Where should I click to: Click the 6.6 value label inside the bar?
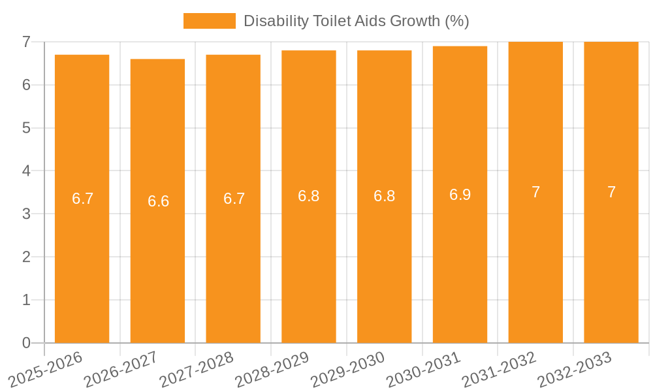click(x=158, y=201)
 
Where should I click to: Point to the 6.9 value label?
click(x=460, y=195)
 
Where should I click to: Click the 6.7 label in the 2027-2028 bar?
click(x=234, y=199)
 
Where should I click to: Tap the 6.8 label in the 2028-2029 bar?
click(x=308, y=196)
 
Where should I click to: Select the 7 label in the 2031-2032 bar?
click(x=535, y=192)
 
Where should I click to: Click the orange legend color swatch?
click(x=209, y=21)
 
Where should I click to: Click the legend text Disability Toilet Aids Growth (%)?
click(x=356, y=21)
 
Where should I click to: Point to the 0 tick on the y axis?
click(x=26, y=343)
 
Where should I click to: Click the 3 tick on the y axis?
click(x=26, y=214)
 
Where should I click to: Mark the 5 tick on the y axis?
click(x=26, y=128)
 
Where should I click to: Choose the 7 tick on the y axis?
click(x=26, y=42)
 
